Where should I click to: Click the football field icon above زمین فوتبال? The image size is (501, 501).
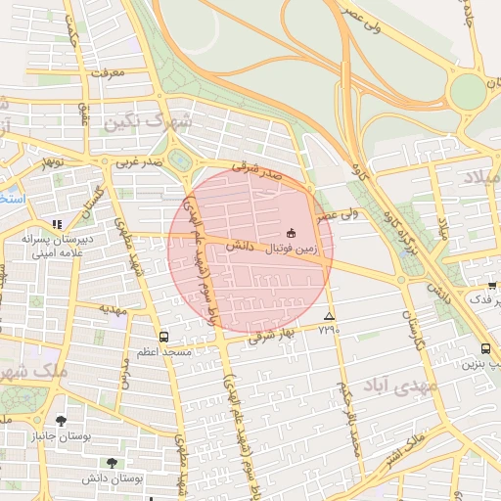pyautogui.click(x=291, y=233)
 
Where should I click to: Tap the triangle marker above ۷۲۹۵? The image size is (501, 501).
pyautogui.click(x=329, y=316)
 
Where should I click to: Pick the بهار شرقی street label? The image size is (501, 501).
pyautogui.click(x=277, y=333)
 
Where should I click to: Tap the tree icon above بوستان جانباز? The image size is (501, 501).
pyautogui.click(x=61, y=421)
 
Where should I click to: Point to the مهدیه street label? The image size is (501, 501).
pyautogui.click(x=113, y=308)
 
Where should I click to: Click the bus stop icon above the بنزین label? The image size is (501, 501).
pyautogui.click(x=486, y=348)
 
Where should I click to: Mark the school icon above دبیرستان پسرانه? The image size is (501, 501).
pyautogui.click(x=57, y=224)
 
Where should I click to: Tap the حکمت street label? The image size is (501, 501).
pyautogui.click(x=69, y=35)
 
